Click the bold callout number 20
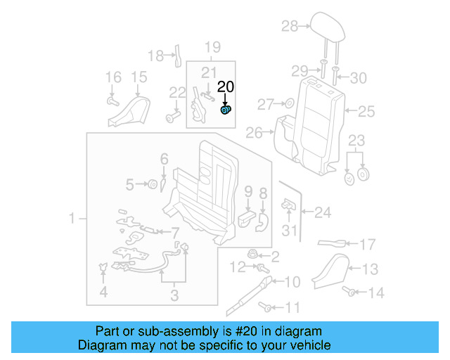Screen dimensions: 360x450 [225, 87]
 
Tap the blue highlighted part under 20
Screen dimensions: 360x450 [226, 110]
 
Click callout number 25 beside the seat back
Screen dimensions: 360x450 [366, 110]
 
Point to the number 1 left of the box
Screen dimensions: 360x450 [72, 220]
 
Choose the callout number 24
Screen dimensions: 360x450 [322, 211]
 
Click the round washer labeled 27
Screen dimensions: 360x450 [288, 105]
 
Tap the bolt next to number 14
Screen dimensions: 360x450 [348, 290]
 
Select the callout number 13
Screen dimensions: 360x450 [371, 268]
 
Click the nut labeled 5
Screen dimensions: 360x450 [150, 184]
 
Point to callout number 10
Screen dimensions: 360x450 [292, 282]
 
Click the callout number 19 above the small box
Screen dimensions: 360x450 [212, 48]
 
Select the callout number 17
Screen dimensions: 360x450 [368, 245]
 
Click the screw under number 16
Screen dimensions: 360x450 [112, 101]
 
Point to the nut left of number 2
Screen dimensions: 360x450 [253, 254]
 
